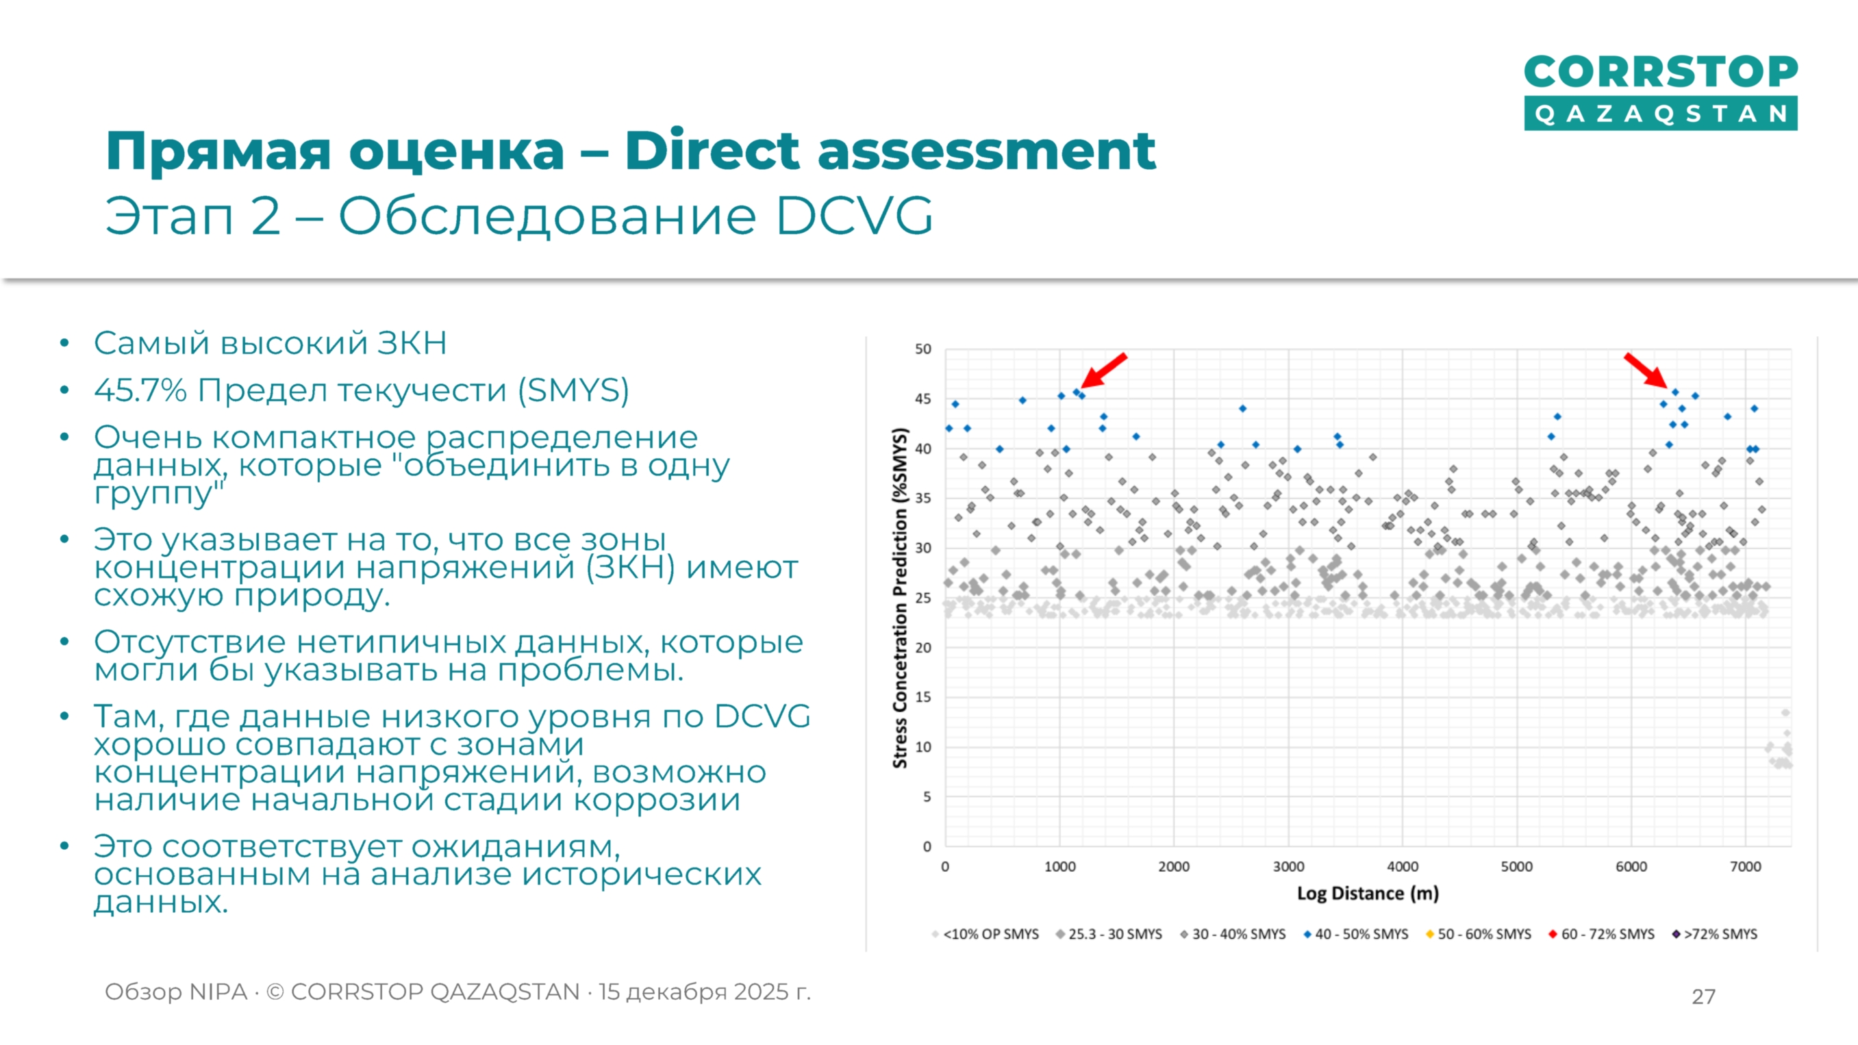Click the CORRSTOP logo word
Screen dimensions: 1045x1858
tap(1659, 72)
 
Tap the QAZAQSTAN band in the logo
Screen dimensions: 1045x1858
tap(1659, 114)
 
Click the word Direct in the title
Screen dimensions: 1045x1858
tap(714, 151)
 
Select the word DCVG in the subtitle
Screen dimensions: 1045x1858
tap(854, 216)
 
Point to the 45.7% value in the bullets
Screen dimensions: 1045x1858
tap(140, 390)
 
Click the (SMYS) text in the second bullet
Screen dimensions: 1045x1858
tap(573, 390)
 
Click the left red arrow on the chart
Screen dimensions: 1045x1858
tap(1103, 370)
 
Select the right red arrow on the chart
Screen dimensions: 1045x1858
tap(1645, 370)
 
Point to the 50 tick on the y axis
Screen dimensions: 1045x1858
tap(922, 349)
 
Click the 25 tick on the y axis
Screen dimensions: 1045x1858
tap(922, 598)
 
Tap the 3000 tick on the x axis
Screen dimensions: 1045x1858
tap(1288, 867)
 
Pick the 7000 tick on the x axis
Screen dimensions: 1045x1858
tap(1745, 867)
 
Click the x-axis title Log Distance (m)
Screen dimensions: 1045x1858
tap(1368, 894)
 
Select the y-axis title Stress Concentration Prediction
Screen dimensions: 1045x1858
tap(899, 599)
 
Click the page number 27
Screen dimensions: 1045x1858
tap(1703, 996)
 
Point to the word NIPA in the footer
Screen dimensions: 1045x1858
tap(217, 992)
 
